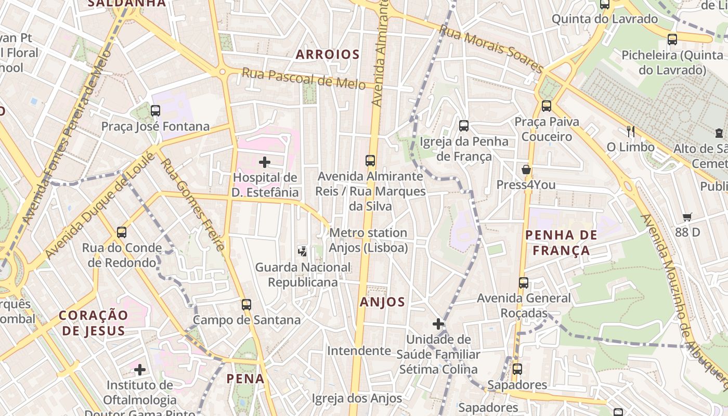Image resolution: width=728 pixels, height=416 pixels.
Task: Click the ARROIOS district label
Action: [x=328, y=54]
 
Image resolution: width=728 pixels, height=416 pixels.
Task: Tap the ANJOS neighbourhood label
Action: [x=382, y=302]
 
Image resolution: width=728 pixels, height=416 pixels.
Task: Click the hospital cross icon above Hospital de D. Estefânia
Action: [x=265, y=162]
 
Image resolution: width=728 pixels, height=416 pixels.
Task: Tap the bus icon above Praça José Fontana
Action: [x=155, y=110]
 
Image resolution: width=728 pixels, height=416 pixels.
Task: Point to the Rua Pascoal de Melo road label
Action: [x=304, y=79]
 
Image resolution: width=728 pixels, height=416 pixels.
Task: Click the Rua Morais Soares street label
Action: [x=491, y=49]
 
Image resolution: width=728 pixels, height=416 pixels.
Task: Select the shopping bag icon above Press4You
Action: [x=526, y=170]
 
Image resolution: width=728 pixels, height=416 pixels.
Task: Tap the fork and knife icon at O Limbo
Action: [x=631, y=132]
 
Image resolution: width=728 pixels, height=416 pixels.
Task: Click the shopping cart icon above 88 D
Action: [x=687, y=217]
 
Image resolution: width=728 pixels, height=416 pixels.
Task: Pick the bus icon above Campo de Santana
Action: [x=246, y=304]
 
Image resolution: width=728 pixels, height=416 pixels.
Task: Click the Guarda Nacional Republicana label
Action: [x=303, y=275]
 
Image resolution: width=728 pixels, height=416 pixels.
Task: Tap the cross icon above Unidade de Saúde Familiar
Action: [x=438, y=324]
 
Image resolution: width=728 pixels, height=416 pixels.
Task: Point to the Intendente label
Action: [x=359, y=351]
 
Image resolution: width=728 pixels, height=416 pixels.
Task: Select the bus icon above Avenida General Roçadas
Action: [x=524, y=283]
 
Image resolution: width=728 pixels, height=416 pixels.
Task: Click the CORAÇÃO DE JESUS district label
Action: [x=93, y=322]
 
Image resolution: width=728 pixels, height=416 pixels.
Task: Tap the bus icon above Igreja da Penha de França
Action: [x=464, y=125]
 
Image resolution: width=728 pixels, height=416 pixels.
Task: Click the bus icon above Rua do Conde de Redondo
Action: [x=122, y=232]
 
